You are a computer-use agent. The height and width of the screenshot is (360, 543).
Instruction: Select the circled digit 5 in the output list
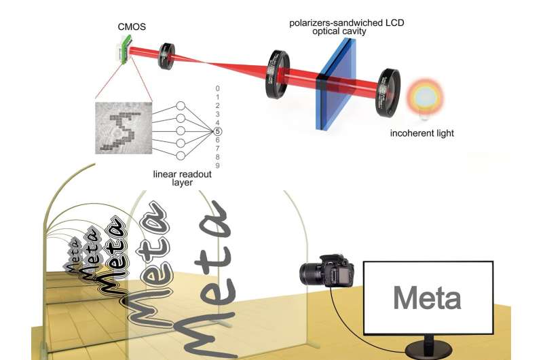[x=217, y=131]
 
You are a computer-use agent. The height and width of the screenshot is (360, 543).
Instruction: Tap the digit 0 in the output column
[x=217, y=88]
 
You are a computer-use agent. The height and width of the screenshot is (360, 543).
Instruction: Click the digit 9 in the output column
[x=217, y=166]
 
